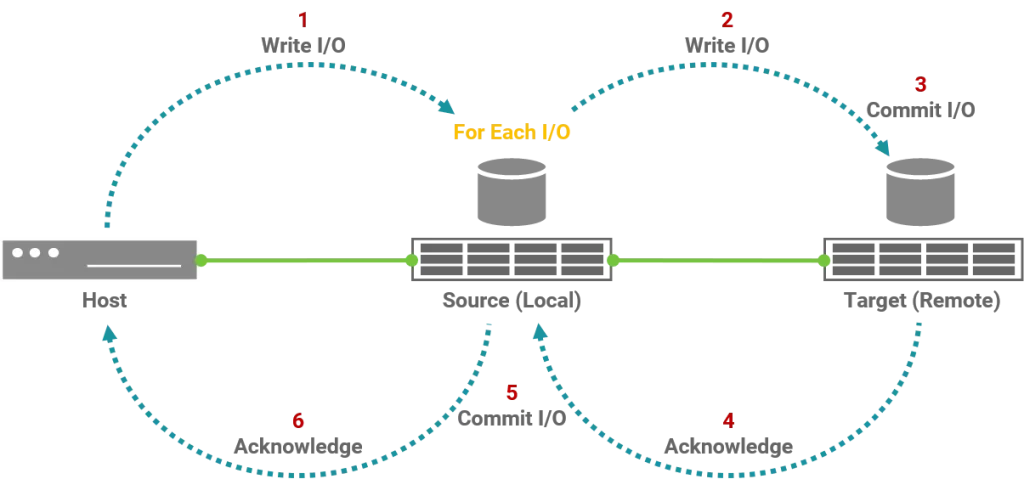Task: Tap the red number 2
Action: pyautogui.click(x=728, y=19)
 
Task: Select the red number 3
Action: pyautogui.click(x=920, y=84)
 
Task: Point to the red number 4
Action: pyautogui.click(x=728, y=420)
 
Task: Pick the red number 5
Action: pyautogui.click(x=511, y=394)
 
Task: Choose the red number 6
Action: pyautogui.click(x=297, y=420)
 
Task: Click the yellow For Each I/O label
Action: pyautogui.click(x=511, y=132)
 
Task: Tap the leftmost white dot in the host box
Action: pyautogui.click(x=17, y=252)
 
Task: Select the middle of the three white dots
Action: pyautogui.click(x=35, y=252)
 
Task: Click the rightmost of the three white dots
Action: pyautogui.click(x=53, y=252)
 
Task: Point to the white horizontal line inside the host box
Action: pyautogui.click(x=134, y=267)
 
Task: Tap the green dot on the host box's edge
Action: pyautogui.click(x=200, y=260)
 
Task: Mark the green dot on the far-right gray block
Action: pyautogui.click(x=826, y=260)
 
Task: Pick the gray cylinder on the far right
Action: pyautogui.click(x=920, y=192)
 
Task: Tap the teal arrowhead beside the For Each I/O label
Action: pyautogui.click(x=447, y=106)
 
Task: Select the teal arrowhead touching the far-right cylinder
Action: pyautogui.click(x=886, y=150)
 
